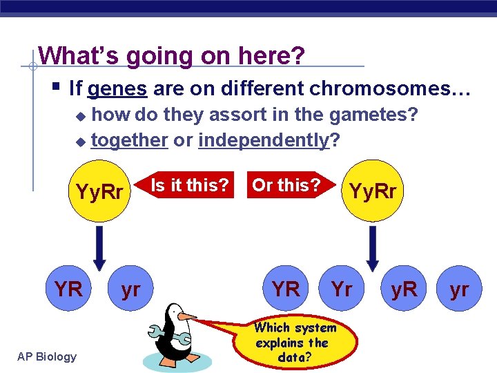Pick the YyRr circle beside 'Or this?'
pyautogui.click(x=373, y=191)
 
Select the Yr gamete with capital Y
pyautogui.click(x=342, y=289)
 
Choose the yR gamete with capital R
pyautogui.click(x=404, y=289)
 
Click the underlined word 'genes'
pyautogui.click(x=117, y=88)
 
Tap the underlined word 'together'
pyautogui.click(x=130, y=140)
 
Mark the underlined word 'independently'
pyautogui.click(x=263, y=140)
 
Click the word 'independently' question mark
pyautogui.click(x=335, y=140)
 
